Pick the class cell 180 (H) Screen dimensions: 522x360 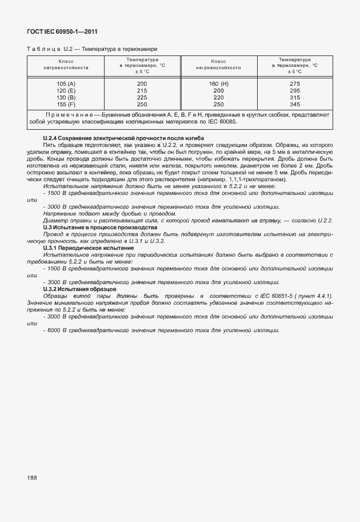[x=218, y=84]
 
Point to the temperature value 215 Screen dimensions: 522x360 [x=142, y=91]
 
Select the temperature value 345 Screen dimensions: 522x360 [x=295, y=105]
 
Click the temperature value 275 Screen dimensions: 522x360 [x=295, y=84]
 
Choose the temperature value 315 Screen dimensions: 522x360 [x=295, y=98]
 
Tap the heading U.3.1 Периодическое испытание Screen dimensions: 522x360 [x=89, y=248]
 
